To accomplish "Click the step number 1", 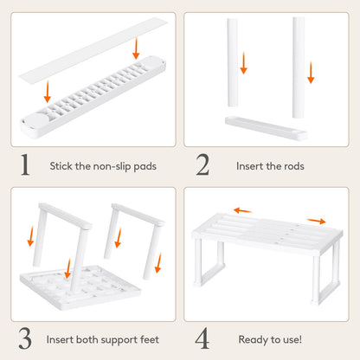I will (x=26, y=164).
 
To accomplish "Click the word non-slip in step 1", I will (x=107, y=165).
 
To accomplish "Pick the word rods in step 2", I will (x=286, y=165).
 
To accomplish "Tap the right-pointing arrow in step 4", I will (x=316, y=221).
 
